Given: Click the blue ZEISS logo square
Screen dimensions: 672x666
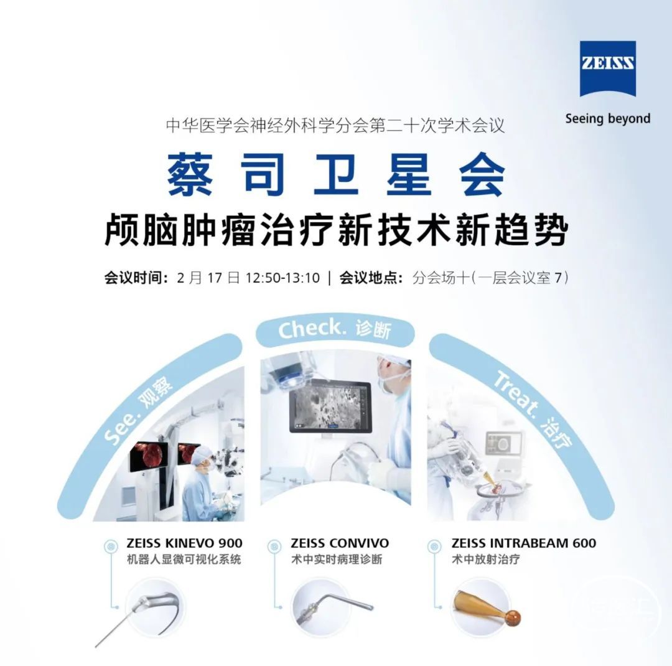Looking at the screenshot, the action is [607, 68].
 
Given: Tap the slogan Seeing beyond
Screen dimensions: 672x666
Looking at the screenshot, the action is [608, 118].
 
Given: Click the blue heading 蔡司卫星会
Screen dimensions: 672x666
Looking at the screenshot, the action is [336, 174].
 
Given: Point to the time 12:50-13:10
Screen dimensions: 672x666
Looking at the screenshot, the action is [282, 278].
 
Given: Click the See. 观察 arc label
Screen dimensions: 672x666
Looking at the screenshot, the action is [138, 410].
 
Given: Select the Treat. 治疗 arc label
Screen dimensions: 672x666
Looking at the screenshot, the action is [533, 410].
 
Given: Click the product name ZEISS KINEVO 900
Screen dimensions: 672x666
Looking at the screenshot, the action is [184, 543].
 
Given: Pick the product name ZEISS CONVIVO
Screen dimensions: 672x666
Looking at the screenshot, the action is [340, 543].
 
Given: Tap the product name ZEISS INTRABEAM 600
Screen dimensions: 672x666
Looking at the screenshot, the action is [524, 543].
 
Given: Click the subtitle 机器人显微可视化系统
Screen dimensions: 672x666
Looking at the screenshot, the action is [184, 559].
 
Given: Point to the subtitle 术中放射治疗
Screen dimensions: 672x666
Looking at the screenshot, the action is [486, 559].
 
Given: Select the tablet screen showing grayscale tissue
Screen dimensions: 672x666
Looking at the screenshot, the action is [329, 406].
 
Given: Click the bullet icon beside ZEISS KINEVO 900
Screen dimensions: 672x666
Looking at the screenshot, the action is [111, 546].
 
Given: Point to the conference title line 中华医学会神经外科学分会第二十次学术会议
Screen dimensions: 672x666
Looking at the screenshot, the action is [335, 126].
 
